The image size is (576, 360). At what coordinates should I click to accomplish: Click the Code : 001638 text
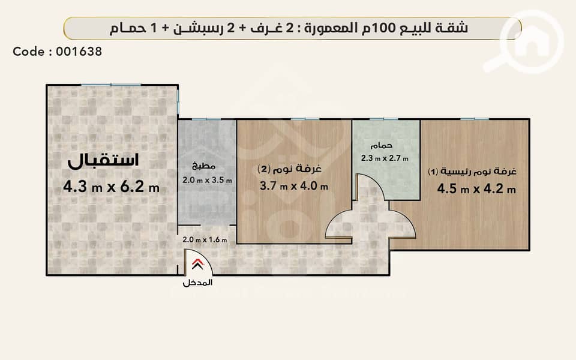coord(58,52)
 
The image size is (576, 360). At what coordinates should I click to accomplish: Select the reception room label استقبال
coord(103,161)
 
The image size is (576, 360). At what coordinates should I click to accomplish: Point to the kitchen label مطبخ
coord(203,166)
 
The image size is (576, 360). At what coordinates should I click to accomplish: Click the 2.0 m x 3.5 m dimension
coord(207,181)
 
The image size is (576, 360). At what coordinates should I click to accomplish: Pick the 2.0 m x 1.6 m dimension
coord(205,239)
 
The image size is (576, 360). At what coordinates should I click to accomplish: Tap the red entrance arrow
coord(197,264)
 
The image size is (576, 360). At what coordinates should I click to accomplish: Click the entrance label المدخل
coord(197,283)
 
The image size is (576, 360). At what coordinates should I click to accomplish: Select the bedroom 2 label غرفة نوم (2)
coord(289,169)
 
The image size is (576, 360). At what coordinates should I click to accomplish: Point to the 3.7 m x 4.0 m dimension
coord(293,186)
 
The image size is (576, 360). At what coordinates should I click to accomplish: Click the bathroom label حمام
coord(382,145)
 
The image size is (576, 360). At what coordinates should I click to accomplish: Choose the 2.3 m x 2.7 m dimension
coord(385,158)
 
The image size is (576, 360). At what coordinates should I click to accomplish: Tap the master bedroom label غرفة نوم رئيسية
coord(472,172)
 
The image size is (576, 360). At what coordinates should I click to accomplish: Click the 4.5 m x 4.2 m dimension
coord(476,189)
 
